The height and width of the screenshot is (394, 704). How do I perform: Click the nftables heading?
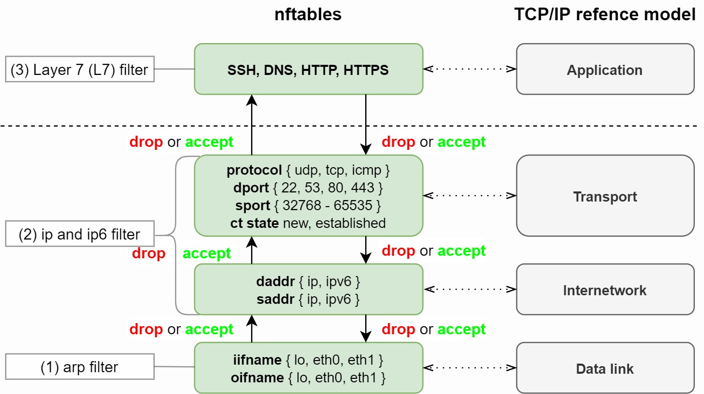click(x=308, y=15)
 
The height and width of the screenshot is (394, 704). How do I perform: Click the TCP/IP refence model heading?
click(x=605, y=15)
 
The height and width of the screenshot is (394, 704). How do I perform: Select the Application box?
click(x=605, y=69)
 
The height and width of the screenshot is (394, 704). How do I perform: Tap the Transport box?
click(x=605, y=196)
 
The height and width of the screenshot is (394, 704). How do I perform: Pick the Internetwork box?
click(x=605, y=290)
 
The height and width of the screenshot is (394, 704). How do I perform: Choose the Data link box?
click(x=605, y=368)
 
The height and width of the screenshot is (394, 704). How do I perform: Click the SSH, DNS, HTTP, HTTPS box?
click(x=308, y=69)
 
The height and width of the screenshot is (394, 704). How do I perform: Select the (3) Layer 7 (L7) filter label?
click(x=79, y=69)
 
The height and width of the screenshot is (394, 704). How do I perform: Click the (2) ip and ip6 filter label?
click(x=79, y=234)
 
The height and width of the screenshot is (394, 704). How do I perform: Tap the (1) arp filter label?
click(x=79, y=367)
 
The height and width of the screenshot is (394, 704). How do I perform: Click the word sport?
click(x=253, y=206)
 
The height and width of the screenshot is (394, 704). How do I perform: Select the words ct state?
click(x=254, y=223)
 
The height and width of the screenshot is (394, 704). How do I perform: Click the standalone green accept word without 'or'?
click(x=206, y=253)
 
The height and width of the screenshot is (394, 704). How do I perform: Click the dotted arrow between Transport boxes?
click(x=470, y=195)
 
